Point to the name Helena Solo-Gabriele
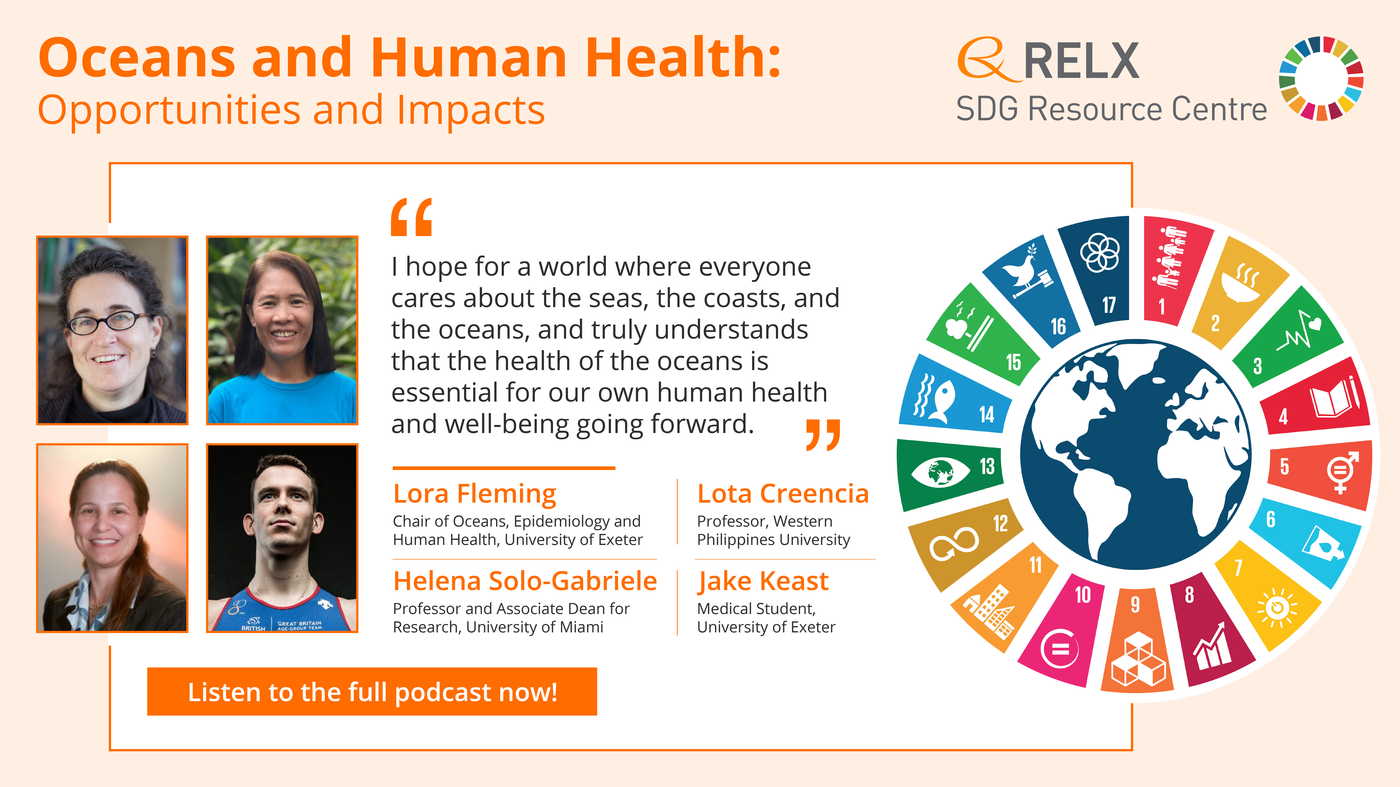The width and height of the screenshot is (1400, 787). pos(525,581)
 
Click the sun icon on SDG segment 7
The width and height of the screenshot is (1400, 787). pos(1277,607)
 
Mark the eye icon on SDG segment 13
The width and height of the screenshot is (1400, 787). pos(940,472)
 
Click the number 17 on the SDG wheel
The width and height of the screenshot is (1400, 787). pos(1109,305)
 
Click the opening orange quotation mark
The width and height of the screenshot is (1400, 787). pos(411,217)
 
